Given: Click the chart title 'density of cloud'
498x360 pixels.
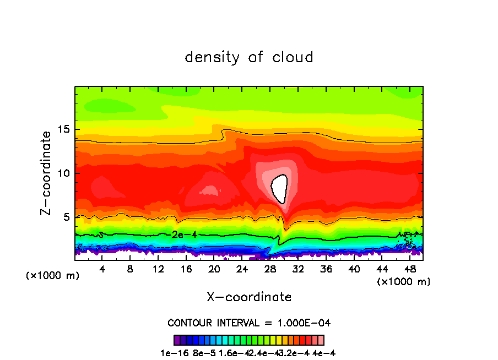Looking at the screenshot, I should tap(249, 57).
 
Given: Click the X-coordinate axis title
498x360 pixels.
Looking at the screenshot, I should tap(249, 297).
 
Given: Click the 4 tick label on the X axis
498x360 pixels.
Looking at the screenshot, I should tap(102, 270).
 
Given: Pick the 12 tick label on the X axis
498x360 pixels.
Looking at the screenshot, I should tap(158, 270).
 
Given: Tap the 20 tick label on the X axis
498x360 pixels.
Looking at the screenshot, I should tap(214, 270).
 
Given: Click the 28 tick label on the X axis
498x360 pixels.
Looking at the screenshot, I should tap(270, 270).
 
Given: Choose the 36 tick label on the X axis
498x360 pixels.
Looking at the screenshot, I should tap(326, 270).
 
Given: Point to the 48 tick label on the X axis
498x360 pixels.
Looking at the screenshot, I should tap(409, 270).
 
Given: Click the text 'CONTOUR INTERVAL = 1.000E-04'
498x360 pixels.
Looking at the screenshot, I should tap(249, 323).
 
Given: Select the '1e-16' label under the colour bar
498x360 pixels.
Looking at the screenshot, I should tap(172, 353).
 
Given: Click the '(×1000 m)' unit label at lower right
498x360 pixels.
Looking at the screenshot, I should tap(404, 282).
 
